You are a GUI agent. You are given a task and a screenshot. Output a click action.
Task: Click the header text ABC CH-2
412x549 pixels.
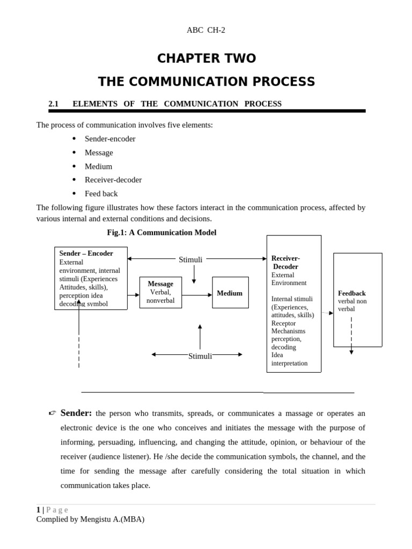coord(206,30)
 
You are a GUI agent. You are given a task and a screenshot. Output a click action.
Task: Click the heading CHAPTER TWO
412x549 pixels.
coord(206,58)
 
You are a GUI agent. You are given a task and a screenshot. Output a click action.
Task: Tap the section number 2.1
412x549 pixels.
coord(53,104)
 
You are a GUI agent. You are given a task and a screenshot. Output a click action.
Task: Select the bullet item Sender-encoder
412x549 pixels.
coord(110,139)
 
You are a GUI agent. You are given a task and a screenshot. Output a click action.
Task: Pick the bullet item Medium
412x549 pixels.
coord(98,166)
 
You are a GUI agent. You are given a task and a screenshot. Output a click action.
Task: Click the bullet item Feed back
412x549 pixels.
coord(101,194)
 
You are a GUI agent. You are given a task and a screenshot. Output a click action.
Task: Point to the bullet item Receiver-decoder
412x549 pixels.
coord(113,180)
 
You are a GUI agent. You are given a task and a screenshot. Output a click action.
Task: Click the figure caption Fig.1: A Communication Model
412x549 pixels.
coord(161,233)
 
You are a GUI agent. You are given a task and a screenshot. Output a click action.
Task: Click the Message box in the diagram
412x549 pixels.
coord(160,292)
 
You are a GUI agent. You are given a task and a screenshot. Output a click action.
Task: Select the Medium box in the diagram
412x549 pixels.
coord(230,293)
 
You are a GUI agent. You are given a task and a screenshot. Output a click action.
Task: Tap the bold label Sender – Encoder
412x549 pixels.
coord(86,254)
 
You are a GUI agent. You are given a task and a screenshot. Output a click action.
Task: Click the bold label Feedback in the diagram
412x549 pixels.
coord(352,293)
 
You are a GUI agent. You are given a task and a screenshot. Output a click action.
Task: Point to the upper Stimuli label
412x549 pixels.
coord(190,259)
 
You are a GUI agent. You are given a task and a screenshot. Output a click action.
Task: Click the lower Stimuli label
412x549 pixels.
coord(200,356)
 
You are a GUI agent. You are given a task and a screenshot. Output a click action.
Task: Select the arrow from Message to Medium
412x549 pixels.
coord(197,295)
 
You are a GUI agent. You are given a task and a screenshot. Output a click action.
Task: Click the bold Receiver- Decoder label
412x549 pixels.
coord(285,262)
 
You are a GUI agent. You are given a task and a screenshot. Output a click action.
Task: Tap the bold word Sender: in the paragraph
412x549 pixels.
coord(76,413)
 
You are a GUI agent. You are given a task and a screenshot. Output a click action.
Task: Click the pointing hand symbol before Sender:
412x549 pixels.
coord(52,413)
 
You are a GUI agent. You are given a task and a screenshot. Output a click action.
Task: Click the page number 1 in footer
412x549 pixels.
coord(38,510)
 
